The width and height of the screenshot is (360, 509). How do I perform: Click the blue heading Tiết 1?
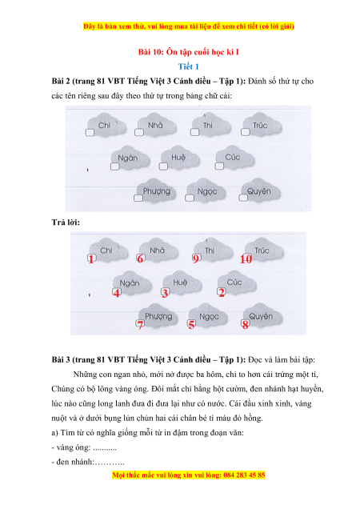coord(188,66)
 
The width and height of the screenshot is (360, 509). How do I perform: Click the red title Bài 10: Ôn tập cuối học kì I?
coord(188,52)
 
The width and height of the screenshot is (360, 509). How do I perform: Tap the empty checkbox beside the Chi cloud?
coord(90,132)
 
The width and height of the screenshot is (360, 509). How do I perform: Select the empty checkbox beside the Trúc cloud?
coord(245,132)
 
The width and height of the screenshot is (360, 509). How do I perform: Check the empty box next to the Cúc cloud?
coord(219,166)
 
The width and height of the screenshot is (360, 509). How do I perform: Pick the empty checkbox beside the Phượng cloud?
coord(138,198)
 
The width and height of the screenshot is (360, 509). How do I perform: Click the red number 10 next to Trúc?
coord(246,259)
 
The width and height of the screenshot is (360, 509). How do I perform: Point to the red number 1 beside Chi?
coord(91,259)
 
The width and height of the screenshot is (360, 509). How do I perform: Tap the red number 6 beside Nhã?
coord(140,259)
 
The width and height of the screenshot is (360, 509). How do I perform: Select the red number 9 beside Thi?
coord(196,259)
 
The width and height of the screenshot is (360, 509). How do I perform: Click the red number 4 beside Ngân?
coord(117,293)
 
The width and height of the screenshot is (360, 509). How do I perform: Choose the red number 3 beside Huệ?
coord(165,293)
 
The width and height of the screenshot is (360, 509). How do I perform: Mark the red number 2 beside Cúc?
coord(222,292)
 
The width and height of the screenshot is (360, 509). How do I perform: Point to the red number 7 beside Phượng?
coord(140,324)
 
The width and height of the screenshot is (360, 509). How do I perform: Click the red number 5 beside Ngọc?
coord(191,324)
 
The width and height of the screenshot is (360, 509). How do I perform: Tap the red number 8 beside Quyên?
coord(245,324)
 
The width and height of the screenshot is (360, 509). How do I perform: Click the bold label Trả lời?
coord(66,222)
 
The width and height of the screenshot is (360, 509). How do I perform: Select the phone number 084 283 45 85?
coord(244,475)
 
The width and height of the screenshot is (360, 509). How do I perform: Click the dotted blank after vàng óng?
coord(105,449)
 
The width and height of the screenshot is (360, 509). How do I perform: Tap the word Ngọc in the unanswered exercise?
coord(207,191)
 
